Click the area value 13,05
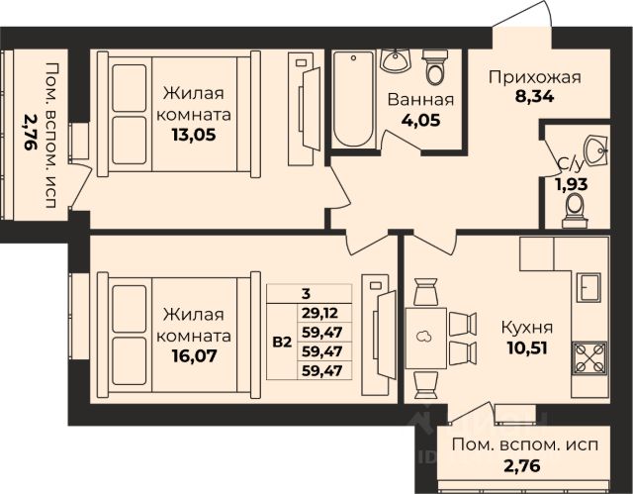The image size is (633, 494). pyautogui.click(x=194, y=135)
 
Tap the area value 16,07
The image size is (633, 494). pyautogui.click(x=194, y=355)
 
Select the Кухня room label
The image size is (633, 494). pyautogui.click(x=527, y=328)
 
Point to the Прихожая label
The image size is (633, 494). pyautogui.click(x=534, y=77)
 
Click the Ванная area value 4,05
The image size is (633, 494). pyautogui.click(x=420, y=120)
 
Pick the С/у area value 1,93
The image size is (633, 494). pyautogui.click(x=572, y=184)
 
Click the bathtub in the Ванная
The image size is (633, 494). pyautogui.click(x=354, y=99)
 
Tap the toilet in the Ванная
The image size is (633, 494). pyautogui.click(x=435, y=66)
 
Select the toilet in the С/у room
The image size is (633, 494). pyautogui.click(x=575, y=211)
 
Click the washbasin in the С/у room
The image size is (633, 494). pyautogui.click(x=595, y=150)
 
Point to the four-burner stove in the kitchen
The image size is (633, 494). pyautogui.click(x=589, y=358)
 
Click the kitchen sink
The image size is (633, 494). pyautogui.click(x=588, y=287)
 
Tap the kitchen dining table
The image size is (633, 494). pyautogui.click(x=425, y=339)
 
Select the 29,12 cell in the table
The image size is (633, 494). pyautogui.click(x=320, y=313)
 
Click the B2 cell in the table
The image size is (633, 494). pyautogui.click(x=282, y=343)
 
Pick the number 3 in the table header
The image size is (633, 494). pyautogui.click(x=306, y=294)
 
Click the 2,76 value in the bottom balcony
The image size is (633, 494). pyautogui.click(x=521, y=465)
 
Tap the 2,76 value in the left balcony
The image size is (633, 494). pyautogui.click(x=30, y=132)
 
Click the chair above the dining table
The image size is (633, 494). pyautogui.click(x=425, y=292)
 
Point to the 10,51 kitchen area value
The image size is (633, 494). pyautogui.click(x=527, y=347)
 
